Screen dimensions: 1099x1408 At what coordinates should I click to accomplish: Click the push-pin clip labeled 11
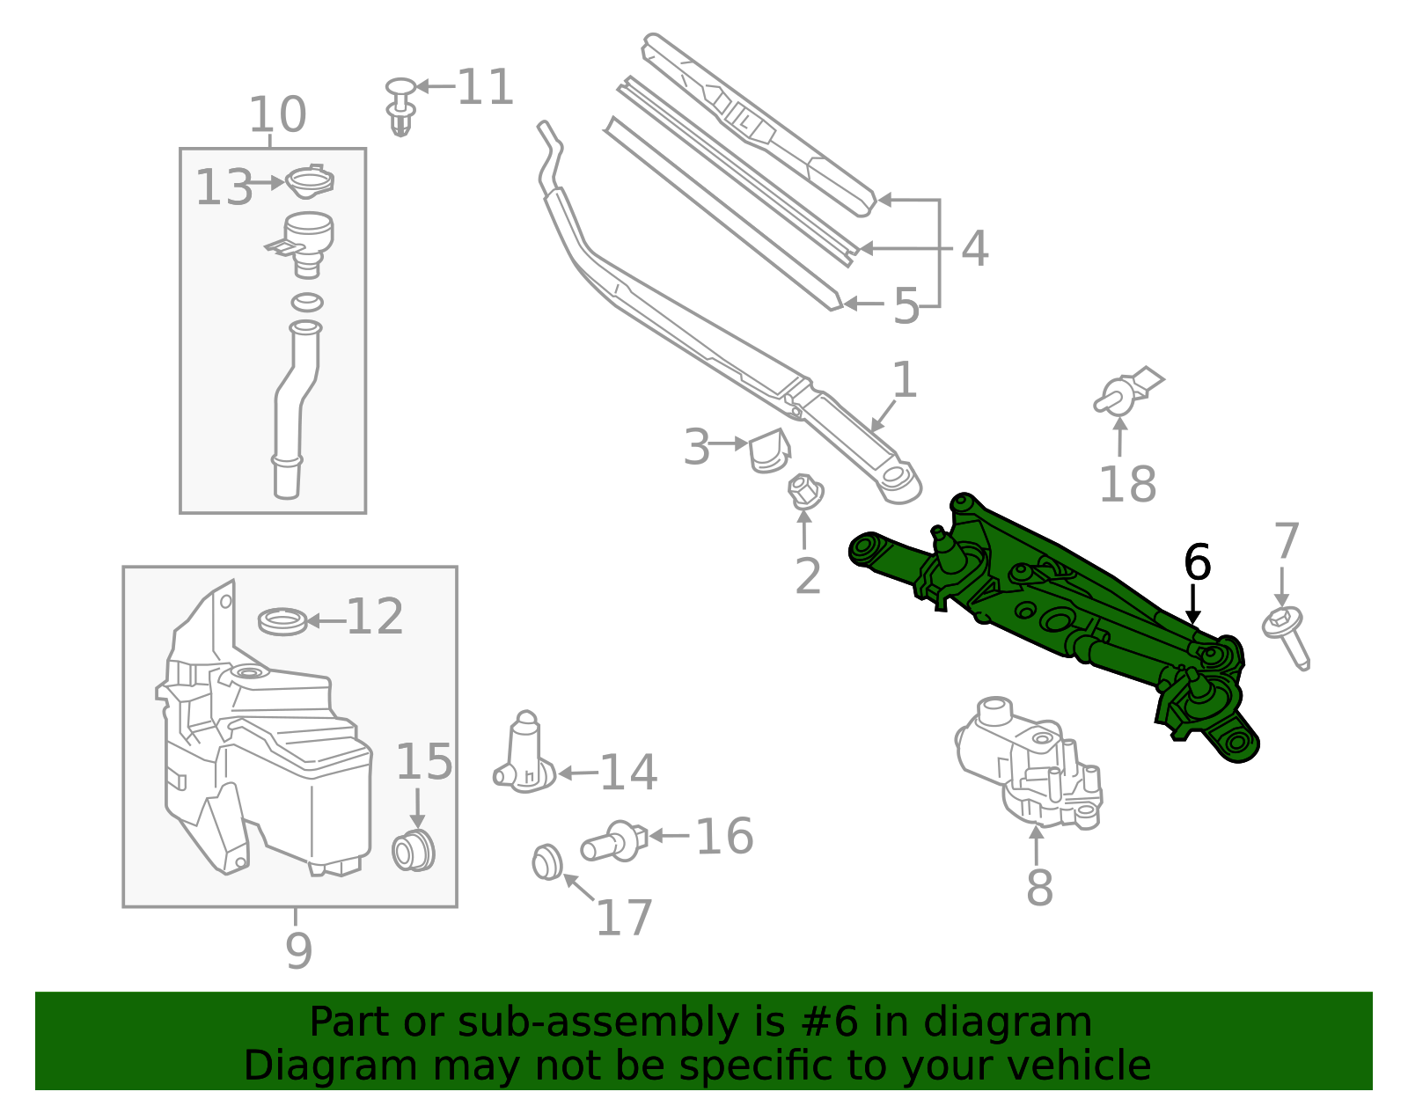(x=400, y=106)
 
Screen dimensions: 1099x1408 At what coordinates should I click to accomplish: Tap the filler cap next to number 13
(x=310, y=182)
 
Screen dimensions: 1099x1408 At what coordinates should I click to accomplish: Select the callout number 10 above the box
(x=277, y=115)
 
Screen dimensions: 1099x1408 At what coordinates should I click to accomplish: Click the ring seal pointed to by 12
(x=282, y=620)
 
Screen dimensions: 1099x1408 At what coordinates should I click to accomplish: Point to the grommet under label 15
(x=414, y=850)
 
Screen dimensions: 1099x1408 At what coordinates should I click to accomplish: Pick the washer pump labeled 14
(x=526, y=757)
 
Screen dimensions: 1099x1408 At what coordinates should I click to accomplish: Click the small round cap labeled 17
(x=547, y=861)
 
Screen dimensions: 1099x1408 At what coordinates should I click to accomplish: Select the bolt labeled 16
(x=613, y=840)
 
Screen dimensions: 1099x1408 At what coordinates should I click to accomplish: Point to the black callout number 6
(x=1197, y=563)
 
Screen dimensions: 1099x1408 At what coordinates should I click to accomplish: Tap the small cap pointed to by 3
(x=769, y=451)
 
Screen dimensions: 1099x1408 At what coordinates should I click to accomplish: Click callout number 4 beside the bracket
(x=974, y=249)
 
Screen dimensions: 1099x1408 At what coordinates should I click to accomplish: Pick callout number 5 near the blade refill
(x=906, y=306)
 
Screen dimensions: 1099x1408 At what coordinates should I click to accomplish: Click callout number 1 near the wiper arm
(x=904, y=381)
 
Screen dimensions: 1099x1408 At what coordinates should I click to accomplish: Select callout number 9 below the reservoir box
(x=298, y=950)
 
